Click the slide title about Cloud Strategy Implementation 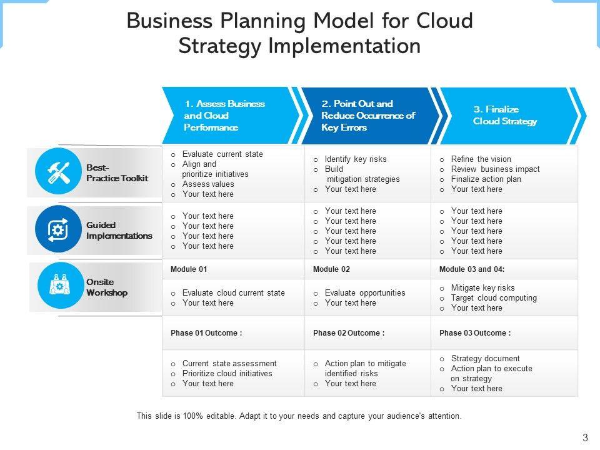coord(299,34)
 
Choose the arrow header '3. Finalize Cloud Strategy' coord(506,116)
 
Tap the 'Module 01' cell coord(189,269)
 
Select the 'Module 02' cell coord(331,269)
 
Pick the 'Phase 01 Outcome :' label coord(206,333)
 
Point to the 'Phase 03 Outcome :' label coord(475,333)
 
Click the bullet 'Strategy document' coord(485,359)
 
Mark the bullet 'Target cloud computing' coord(494,298)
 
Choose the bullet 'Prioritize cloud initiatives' coord(227,374)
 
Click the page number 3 coord(585,437)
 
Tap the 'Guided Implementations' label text coord(119,231)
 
